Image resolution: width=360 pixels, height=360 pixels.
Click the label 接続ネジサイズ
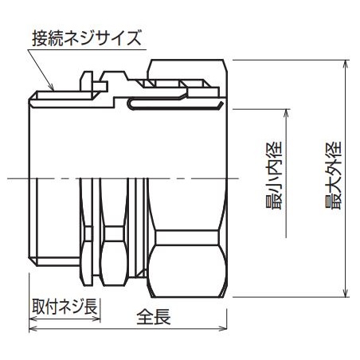87,37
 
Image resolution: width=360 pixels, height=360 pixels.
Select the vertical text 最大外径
334,176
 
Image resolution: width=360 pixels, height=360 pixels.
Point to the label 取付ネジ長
65,305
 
